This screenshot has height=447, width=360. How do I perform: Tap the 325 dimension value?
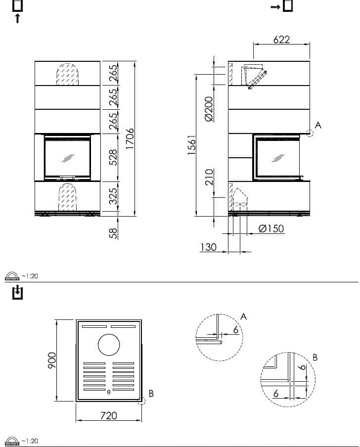pyautogui.click(x=113, y=196)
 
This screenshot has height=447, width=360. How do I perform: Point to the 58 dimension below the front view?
pyautogui.click(x=114, y=233)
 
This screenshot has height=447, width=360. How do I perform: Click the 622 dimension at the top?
pyautogui.click(x=281, y=40)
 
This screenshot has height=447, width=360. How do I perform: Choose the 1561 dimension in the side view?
pyautogui.click(x=192, y=145)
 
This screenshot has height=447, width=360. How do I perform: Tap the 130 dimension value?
pyautogui.click(x=208, y=247)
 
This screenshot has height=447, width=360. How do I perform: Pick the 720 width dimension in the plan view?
pyautogui.click(x=109, y=415)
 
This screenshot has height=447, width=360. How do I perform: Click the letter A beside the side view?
pyautogui.click(x=318, y=125)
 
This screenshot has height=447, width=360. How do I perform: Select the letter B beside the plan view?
pyautogui.click(x=151, y=393)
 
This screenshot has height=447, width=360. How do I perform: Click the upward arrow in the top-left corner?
pyautogui.click(x=17, y=18)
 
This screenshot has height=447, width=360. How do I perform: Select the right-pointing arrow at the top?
pyautogui.click(x=275, y=7)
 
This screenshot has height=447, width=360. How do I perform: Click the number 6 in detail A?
pyautogui.click(x=235, y=330)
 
